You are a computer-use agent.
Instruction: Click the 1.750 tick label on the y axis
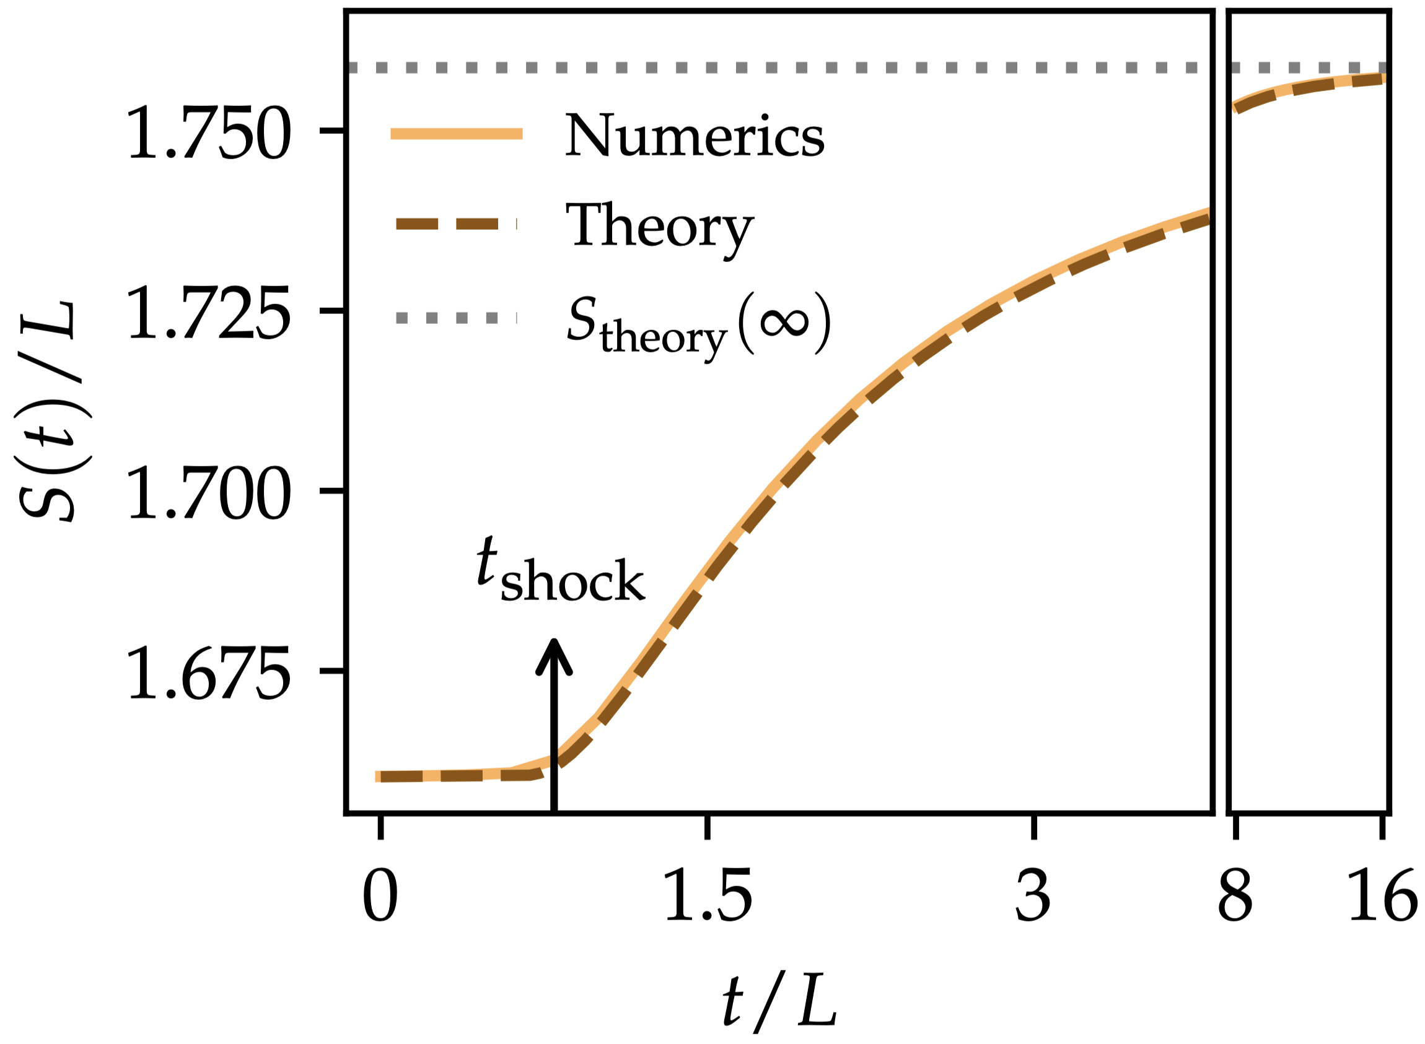coord(209,133)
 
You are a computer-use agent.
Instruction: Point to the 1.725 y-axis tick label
coord(209,313)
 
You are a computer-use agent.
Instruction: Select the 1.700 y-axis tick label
coord(209,493)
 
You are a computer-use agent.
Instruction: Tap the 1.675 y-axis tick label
coord(209,673)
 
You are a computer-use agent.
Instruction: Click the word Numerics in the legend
coord(694,135)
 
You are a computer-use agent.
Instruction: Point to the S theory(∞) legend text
coord(698,325)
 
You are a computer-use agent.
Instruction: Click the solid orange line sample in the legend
coord(457,133)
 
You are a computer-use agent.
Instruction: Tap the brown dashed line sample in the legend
coord(457,224)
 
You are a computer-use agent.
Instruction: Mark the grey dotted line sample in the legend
coord(457,318)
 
